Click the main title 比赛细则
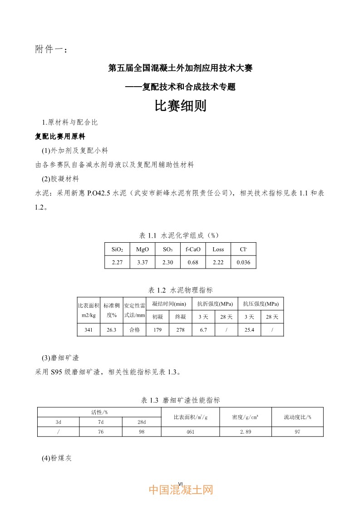pyautogui.click(x=181, y=106)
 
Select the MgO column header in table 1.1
pyautogui.click(x=143, y=250)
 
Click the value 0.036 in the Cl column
pyautogui.click(x=244, y=263)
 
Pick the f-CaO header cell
pyautogui.click(x=193, y=250)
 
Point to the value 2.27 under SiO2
pyautogui.click(x=117, y=263)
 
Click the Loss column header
pyautogui.click(x=218, y=250)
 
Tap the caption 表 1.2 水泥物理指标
pyautogui.click(x=181, y=290)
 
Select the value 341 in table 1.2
pyautogui.click(x=89, y=330)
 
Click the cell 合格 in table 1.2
pyautogui.click(x=134, y=330)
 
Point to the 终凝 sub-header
pyautogui.click(x=180, y=317)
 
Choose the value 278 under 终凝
pyautogui.click(x=180, y=330)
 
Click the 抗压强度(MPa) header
pyautogui.click(x=261, y=303)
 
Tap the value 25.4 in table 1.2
pyautogui.click(x=249, y=330)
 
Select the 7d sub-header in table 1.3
pyautogui.click(x=100, y=421)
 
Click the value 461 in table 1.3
pyautogui.click(x=190, y=431)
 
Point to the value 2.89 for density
pyautogui.click(x=245, y=431)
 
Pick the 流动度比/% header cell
pyautogui.click(x=297, y=417)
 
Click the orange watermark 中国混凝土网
pyautogui.click(x=181, y=490)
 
